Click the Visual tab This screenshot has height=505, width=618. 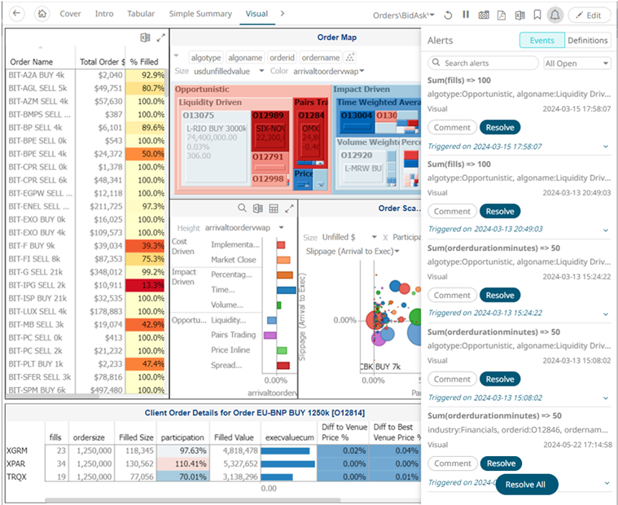256,14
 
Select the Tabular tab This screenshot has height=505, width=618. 141,14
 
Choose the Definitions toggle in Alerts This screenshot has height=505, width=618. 587,40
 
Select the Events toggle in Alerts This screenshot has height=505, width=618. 541,40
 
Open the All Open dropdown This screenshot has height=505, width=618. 576,64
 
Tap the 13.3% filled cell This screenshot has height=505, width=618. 147,285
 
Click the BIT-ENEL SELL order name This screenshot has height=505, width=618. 37,206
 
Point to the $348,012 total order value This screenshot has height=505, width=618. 102,272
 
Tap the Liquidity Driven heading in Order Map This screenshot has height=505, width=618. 210,103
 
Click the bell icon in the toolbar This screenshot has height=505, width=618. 554,15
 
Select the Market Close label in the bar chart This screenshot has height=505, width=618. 234,260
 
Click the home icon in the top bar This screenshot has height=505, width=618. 43,14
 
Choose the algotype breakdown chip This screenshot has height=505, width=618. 205,58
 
